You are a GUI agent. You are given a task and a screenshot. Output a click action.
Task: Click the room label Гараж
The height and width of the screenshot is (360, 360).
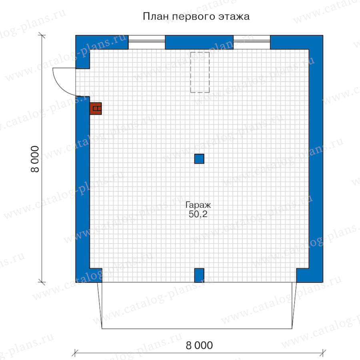coord(198,205)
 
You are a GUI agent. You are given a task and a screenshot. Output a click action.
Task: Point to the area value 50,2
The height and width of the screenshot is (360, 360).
coord(198,214)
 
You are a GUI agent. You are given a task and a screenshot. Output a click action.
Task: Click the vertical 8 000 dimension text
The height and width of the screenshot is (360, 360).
coord(35,159)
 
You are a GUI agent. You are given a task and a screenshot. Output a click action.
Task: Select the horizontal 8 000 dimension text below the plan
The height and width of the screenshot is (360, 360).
coord(199,345)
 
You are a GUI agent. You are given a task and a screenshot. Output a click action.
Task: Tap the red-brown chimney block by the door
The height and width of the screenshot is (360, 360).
coord(96,108)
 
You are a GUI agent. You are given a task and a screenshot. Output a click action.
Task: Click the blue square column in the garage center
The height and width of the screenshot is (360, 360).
coord(199,159)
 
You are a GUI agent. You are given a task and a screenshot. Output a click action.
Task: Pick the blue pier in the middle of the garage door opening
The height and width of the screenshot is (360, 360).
coord(199,275)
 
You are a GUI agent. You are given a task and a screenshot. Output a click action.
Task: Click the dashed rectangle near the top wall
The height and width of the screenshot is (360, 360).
coord(200,72)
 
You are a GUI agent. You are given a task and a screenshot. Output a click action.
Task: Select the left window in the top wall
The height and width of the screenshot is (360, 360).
coord(147,42)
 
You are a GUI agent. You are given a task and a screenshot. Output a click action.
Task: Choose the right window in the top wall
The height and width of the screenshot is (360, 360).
coord(252,42)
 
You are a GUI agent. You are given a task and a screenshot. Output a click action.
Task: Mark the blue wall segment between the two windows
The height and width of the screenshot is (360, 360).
coord(199,42)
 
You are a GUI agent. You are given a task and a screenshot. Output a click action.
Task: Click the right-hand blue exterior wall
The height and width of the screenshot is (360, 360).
coord(316,158)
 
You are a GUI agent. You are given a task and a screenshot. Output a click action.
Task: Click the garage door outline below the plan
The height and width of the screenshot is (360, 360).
coord(197,329)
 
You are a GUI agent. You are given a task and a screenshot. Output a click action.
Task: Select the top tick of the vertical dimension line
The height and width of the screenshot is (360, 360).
coord(42,36)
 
